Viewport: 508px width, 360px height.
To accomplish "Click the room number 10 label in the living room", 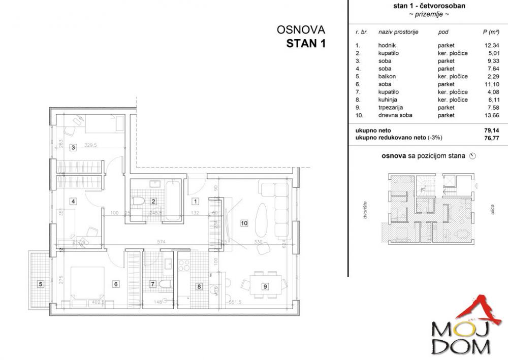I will tap(244, 222).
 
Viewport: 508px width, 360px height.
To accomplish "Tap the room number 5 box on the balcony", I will tap(41, 284).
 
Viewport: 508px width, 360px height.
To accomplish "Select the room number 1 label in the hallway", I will tap(196, 201).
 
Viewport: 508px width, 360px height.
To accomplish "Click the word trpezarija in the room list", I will tap(390, 108).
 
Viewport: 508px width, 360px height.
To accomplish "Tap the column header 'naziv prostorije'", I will tap(398, 32).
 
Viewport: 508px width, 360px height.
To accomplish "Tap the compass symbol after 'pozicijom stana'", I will tap(473, 156).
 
